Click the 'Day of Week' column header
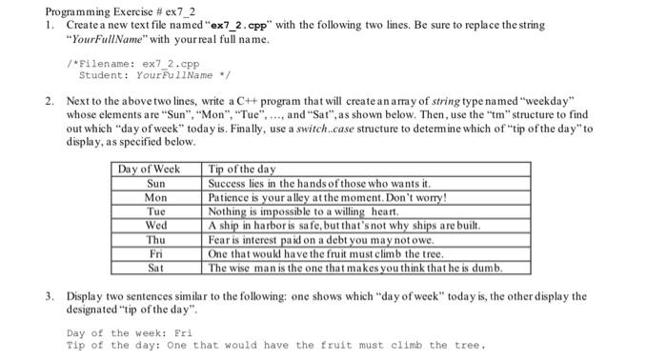[x=148, y=170]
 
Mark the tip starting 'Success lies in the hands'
[x=319, y=183]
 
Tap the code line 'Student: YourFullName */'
[x=144, y=74]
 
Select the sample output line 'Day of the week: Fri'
[x=130, y=333]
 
